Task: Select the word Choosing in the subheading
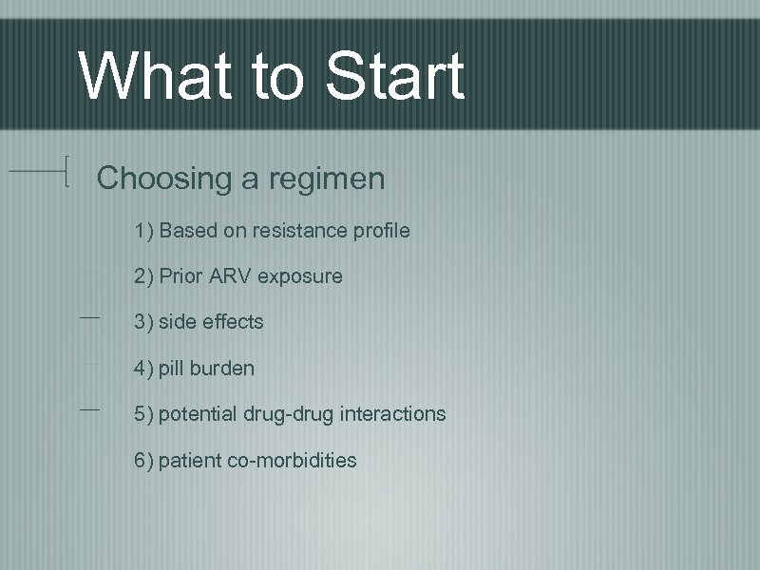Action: point(162,179)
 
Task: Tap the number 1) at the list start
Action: point(144,231)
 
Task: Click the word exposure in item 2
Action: point(298,277)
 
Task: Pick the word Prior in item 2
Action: point(179,276)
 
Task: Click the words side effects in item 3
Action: point(211,322)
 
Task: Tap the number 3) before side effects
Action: point(144,322)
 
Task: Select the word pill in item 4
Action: point(171,368)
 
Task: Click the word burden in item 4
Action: point(221,368)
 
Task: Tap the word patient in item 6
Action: point(190,461)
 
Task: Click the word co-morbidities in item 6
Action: point(293,461)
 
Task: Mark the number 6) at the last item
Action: point(144,461)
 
